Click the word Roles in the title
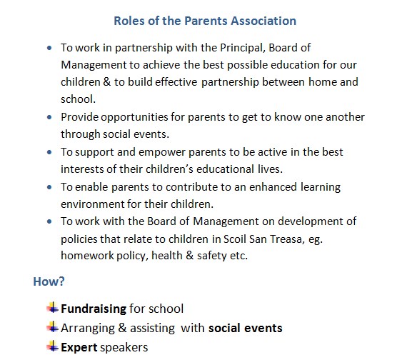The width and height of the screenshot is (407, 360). point(129,21)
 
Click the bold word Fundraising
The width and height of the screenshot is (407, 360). point(93,309)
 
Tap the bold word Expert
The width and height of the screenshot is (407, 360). point(79,347)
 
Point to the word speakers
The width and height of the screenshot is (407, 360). point(124,347)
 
